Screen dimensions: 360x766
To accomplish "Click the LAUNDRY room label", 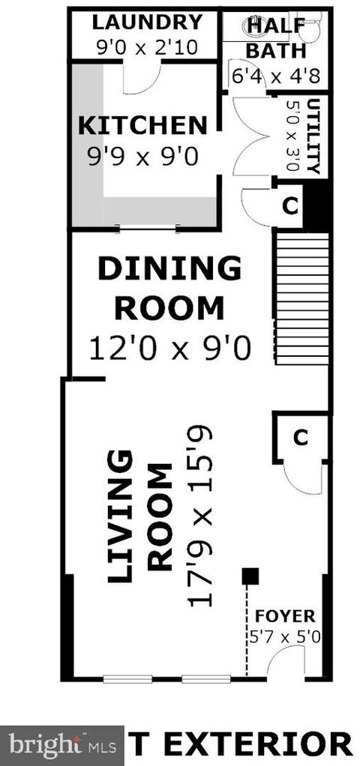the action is pyautogui.click(x=147, y=22).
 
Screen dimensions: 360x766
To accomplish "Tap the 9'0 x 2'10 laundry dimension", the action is pyautogui.click(x=147, y=48).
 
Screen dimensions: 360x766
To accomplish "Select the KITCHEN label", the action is pyautogui.click(x=142, y=126).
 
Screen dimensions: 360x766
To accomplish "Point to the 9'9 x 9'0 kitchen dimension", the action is pyautogui.click(x=142, y=157).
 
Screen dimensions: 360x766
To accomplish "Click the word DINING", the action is pyautogui.click(x=169, y=268).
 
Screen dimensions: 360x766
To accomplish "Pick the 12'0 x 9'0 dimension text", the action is pyautogui.click(x=169, y=349).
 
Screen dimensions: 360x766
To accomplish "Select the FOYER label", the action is pyautogui.click(x=286, y=615).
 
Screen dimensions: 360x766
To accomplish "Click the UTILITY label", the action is pyautogui.click(x=313, y=136).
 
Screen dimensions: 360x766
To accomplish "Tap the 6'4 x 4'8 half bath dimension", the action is pyautogui.click(x=275, y=76).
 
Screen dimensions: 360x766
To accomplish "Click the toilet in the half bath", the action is pyautogui.click(x=309, y=28).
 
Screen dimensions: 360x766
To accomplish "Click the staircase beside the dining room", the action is pyautogui.click(x=301, y=298).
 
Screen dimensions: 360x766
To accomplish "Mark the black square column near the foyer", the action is pyautogui.click(x=251, y=576).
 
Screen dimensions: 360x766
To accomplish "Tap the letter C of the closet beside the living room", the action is pyautogui.click(x=300, y=438).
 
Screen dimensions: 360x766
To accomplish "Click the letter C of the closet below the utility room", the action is pyautogui.click(x=290, y=206).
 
